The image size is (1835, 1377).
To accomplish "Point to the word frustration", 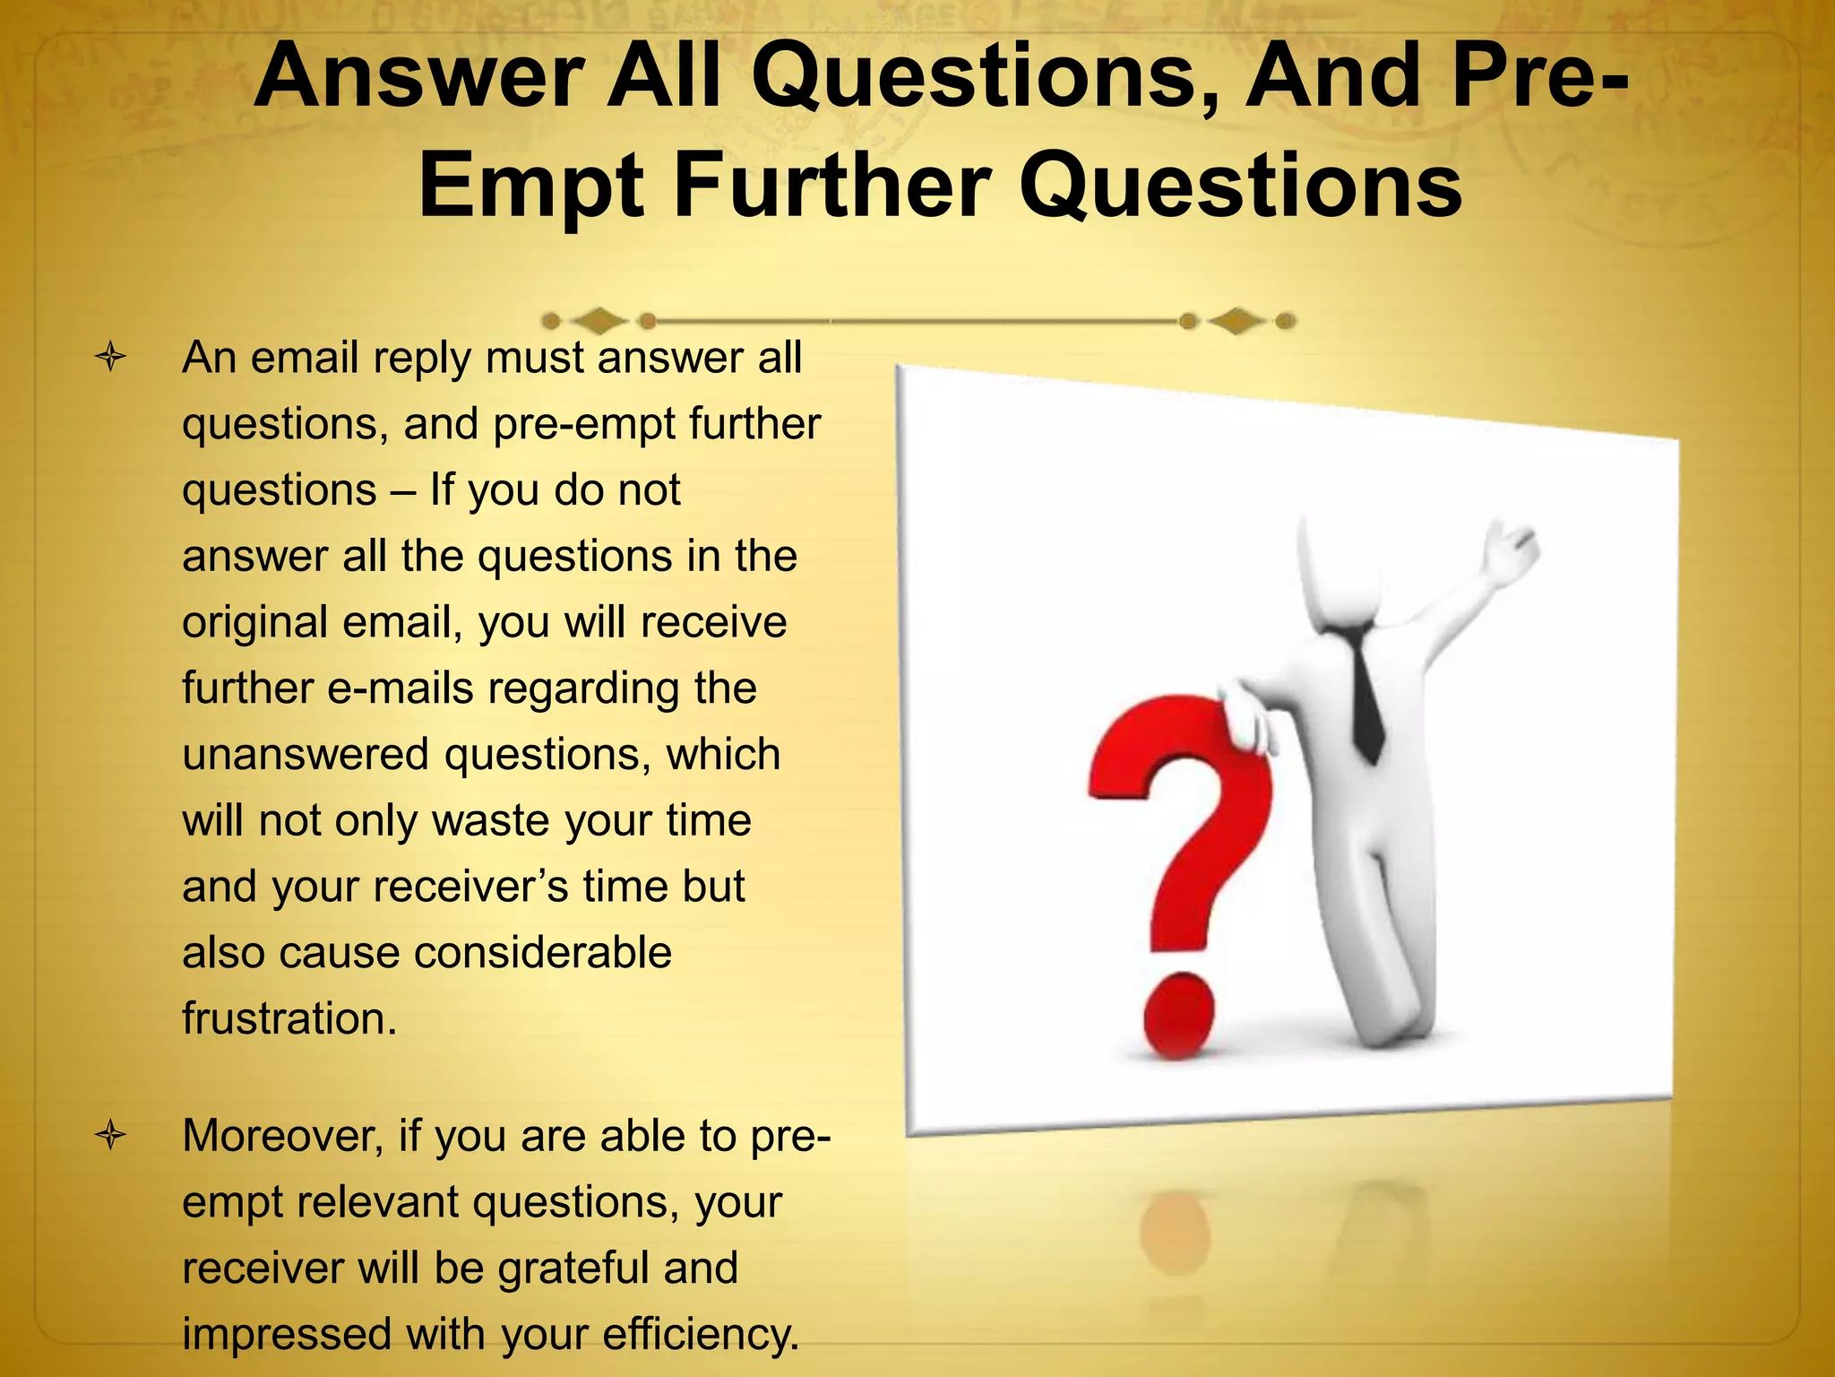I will [x=289, y=1018].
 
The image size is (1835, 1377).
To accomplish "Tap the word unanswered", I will [x=306, y=754].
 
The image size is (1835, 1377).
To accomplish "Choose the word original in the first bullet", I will [x=254, y=622].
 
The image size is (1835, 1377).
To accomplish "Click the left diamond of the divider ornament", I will [x=599, y=320].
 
